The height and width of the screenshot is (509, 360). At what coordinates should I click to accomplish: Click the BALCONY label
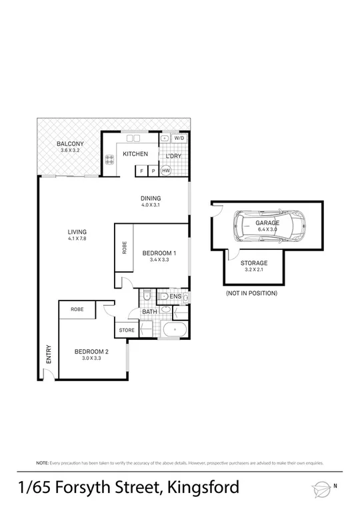[x=69, y=143]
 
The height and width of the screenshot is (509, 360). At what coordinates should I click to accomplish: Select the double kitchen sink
[x=133, y=139]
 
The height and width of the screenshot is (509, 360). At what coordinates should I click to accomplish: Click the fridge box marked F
[x=141, y=171]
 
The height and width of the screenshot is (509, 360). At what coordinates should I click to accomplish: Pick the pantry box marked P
[x=153, y=171]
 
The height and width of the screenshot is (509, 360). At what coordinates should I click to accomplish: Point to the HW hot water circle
[x=165, y=171]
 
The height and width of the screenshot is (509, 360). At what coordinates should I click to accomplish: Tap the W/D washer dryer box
[x=179, y=139]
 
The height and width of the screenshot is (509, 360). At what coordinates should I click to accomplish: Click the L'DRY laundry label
[x=173, y=156]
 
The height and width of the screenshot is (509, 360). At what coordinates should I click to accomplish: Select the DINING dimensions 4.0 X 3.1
[x=151, y=205]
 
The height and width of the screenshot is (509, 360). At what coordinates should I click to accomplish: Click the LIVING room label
[x=77, y=232]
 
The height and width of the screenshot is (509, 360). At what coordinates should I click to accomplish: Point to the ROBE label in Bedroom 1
[x=124, y=247]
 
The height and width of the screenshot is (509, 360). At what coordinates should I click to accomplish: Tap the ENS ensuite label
[x=175, y=296]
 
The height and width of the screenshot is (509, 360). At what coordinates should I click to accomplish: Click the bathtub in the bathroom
[x=175, y=330]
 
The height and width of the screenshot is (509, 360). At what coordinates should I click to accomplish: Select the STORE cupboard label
[x=127, y=330]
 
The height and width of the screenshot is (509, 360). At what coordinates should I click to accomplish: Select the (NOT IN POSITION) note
[x=251, y=293]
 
